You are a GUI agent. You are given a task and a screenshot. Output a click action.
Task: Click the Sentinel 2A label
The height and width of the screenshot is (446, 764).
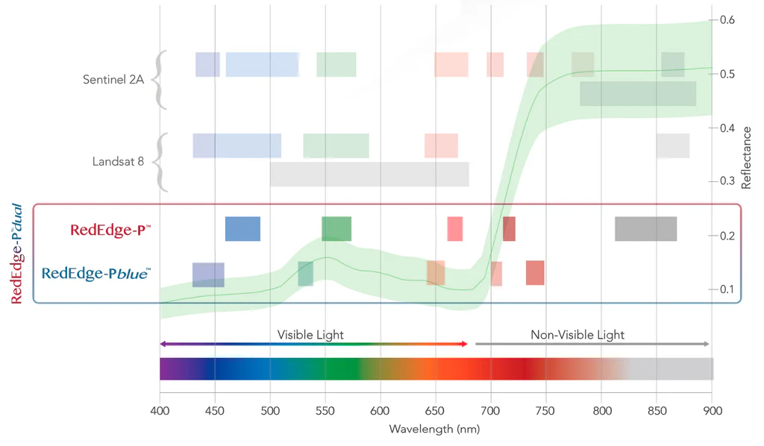[113, 79]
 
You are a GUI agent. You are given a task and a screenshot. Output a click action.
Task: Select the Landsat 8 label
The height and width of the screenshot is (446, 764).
[118, 161]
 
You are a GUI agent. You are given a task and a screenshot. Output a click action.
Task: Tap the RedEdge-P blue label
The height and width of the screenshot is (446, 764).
[95, 274]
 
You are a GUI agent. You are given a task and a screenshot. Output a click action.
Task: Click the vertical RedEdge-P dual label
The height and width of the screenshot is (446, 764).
[17, 254]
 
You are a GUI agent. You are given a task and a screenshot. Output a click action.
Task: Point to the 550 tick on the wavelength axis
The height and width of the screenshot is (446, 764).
[325, 410]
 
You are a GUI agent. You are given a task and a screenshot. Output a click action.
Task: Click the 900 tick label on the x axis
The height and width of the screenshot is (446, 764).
[713, 410]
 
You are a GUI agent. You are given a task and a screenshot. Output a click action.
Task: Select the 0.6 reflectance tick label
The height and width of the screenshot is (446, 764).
[727, 20]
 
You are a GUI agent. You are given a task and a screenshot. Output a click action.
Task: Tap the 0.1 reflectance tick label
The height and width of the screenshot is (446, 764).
[727, 289]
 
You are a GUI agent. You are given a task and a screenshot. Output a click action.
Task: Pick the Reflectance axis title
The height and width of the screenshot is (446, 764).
[746, 157]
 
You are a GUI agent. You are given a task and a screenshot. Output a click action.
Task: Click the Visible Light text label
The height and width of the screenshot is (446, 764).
[310, 335]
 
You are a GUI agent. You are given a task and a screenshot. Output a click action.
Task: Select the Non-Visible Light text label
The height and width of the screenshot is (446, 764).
[577, 335]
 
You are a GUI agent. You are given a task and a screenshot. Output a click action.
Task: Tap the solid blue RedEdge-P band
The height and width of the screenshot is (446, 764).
[242, 229]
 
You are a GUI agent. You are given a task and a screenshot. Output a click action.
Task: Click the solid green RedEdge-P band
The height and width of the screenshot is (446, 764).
[336, 229]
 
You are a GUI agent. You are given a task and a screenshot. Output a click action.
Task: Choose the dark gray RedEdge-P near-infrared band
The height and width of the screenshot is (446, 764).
[645, 229]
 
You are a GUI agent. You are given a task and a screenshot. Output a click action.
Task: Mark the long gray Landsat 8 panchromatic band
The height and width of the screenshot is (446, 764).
[369, 175]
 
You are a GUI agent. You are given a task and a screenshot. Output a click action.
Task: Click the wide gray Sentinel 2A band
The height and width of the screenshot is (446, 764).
[638, 93]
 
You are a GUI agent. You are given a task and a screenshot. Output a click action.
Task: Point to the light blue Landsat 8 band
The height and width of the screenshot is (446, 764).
[237, 145]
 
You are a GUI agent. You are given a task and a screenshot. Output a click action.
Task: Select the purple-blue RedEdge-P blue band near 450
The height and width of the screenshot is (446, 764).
[208, 274]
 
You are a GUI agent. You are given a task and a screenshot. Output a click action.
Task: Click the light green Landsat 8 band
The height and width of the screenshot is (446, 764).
[336, 145]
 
